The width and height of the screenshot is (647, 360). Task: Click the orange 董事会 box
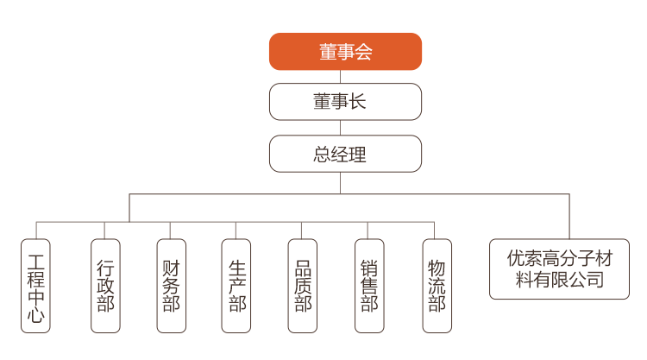click(345, 52)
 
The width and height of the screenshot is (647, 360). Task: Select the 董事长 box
click(345, 102)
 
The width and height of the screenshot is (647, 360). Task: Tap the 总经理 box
click(345, 154)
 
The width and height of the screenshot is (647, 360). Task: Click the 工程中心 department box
click(35, 286)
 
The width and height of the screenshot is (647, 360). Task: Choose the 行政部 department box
click(105, 286)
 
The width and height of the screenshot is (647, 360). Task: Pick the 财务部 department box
click(172, 286)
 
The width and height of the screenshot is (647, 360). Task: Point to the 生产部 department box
click(236, 286)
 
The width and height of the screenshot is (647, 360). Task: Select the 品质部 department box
click(303, 286)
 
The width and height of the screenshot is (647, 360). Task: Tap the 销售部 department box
click(369, 286)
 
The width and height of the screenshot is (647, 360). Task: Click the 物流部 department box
click(437, 286)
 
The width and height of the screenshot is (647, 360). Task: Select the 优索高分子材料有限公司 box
click(560, 268)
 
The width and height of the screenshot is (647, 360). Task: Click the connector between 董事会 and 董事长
click(341, 77)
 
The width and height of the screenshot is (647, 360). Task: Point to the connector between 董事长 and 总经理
click(341, 128)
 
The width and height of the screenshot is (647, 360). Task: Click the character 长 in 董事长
click(357, 102)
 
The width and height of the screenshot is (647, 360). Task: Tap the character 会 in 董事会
click(364, 52)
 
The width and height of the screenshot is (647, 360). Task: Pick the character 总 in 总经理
click(322, 154)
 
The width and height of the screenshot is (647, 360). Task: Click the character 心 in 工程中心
click(35, 313)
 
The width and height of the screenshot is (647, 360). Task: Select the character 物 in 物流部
click(437, 268)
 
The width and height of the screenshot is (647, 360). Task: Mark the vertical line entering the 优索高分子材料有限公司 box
click(569, 217)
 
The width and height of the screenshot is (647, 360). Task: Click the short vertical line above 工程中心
click(36, 231)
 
